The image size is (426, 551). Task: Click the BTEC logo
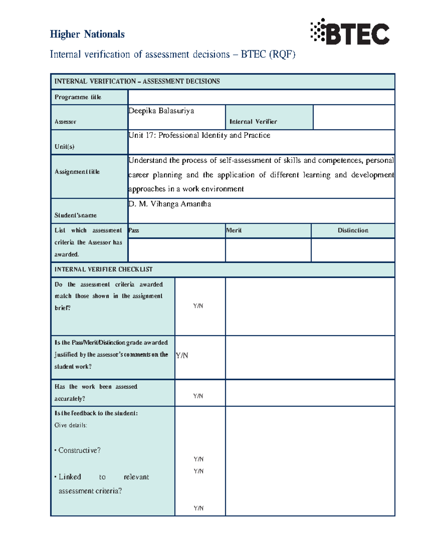pyautogui.click(x=350, y=33)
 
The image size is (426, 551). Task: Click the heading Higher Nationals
pyautogui.click(x=87, y=34)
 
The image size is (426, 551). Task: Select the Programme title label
pyautogui.click(x=78, y=97)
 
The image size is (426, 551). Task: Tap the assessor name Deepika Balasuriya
pyautogui.click(x=161, y=111)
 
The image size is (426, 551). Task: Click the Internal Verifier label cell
pyautogui.click(x=253, y=121)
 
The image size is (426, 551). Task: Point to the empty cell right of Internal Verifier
pyautogui.click(x=354, y=117)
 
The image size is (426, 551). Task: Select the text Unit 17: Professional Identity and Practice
pyautogui.click(x=199, y=135)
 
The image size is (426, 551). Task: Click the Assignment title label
pyautogui.click(x=77, y=172)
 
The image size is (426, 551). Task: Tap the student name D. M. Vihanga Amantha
pyautogui.click(x=170, y=204)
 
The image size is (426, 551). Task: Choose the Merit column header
pyautogui.click(x=234, y=230)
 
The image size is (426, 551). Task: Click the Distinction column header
pyautogui.click(x=353, y=230)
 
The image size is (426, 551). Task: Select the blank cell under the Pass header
pyautogui.click(x=176, y=250)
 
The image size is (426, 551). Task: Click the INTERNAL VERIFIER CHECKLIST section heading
pyautogui.click(x=103, y=269)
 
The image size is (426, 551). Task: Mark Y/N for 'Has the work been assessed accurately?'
pyautogui.click(x=198, y=396)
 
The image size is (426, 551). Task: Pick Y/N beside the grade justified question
pyautogui.click(x=182, y=355)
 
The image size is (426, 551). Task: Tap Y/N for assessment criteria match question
pyautogui.click(x=198, y=306)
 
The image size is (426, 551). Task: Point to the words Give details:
pyautogui.click(x=71, y=425)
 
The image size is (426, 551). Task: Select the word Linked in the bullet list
pyautogui.click(x=70, y=477)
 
